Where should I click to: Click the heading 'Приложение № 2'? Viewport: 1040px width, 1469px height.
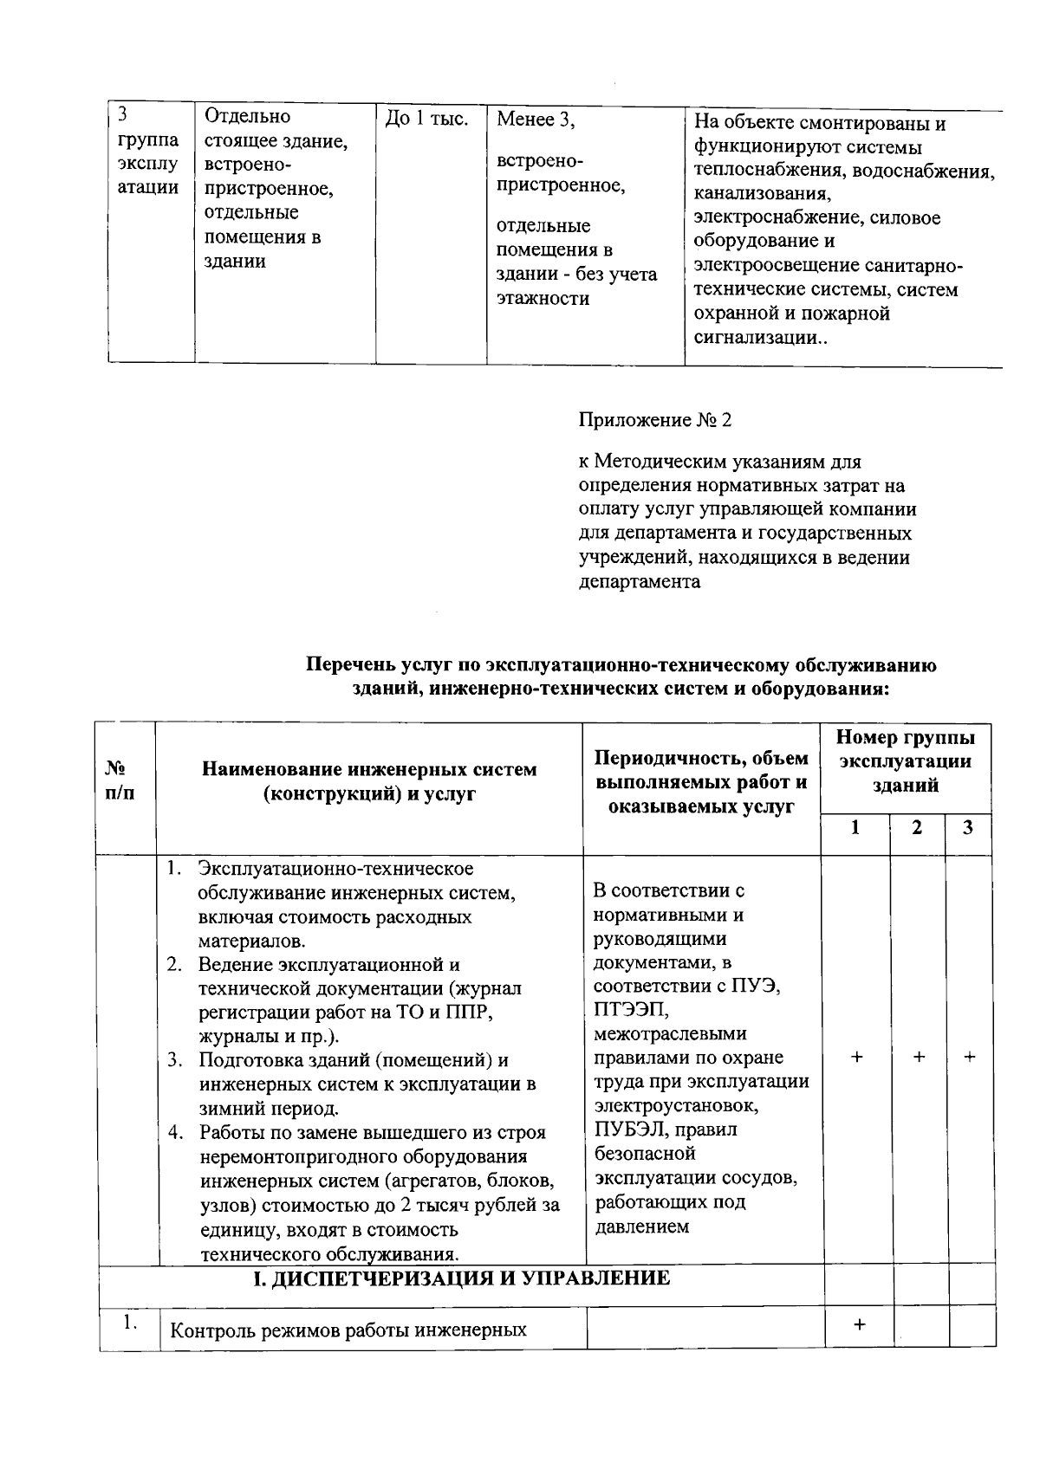(654, 421)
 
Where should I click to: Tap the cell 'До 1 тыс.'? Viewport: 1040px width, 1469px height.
(426, 119)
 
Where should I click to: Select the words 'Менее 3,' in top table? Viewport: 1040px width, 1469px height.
(535, 120)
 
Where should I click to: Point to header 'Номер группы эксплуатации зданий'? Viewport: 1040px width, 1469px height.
(906, 761)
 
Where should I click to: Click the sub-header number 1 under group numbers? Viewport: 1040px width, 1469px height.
(855, 827)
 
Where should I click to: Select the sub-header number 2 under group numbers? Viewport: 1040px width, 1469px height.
(917, 827)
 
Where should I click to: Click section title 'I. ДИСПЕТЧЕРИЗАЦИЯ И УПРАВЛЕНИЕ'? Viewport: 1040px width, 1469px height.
(461, 1278)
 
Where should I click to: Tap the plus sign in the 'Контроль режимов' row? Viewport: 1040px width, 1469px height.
(859, 1324)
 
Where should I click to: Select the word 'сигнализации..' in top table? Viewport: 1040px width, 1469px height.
(760, 339)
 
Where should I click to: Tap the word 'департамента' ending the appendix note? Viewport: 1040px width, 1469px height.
(639, 582)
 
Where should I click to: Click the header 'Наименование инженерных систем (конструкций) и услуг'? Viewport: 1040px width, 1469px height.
(369, 780)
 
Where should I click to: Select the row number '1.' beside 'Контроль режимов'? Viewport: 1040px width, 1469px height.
(131, 1323)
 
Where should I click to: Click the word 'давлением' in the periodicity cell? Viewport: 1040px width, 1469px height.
(642, 1226)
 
